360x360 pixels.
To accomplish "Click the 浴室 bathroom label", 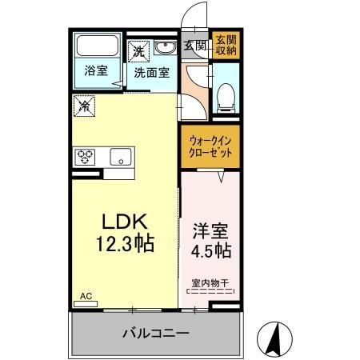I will (x=96, y=70).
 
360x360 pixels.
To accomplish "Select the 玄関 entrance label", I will (x=194, y=45).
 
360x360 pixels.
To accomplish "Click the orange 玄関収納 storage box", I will (x=226, y=45).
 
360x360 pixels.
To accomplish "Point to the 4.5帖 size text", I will (x=211, y=252).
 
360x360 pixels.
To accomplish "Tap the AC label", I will (x=86, y=295).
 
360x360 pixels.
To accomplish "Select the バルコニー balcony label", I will (x=155, y=332).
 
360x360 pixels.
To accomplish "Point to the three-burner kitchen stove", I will (x=86, y=156).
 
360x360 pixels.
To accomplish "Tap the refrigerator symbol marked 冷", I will (x=85, y=103).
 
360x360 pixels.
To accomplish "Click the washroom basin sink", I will (x=166, y=48).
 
